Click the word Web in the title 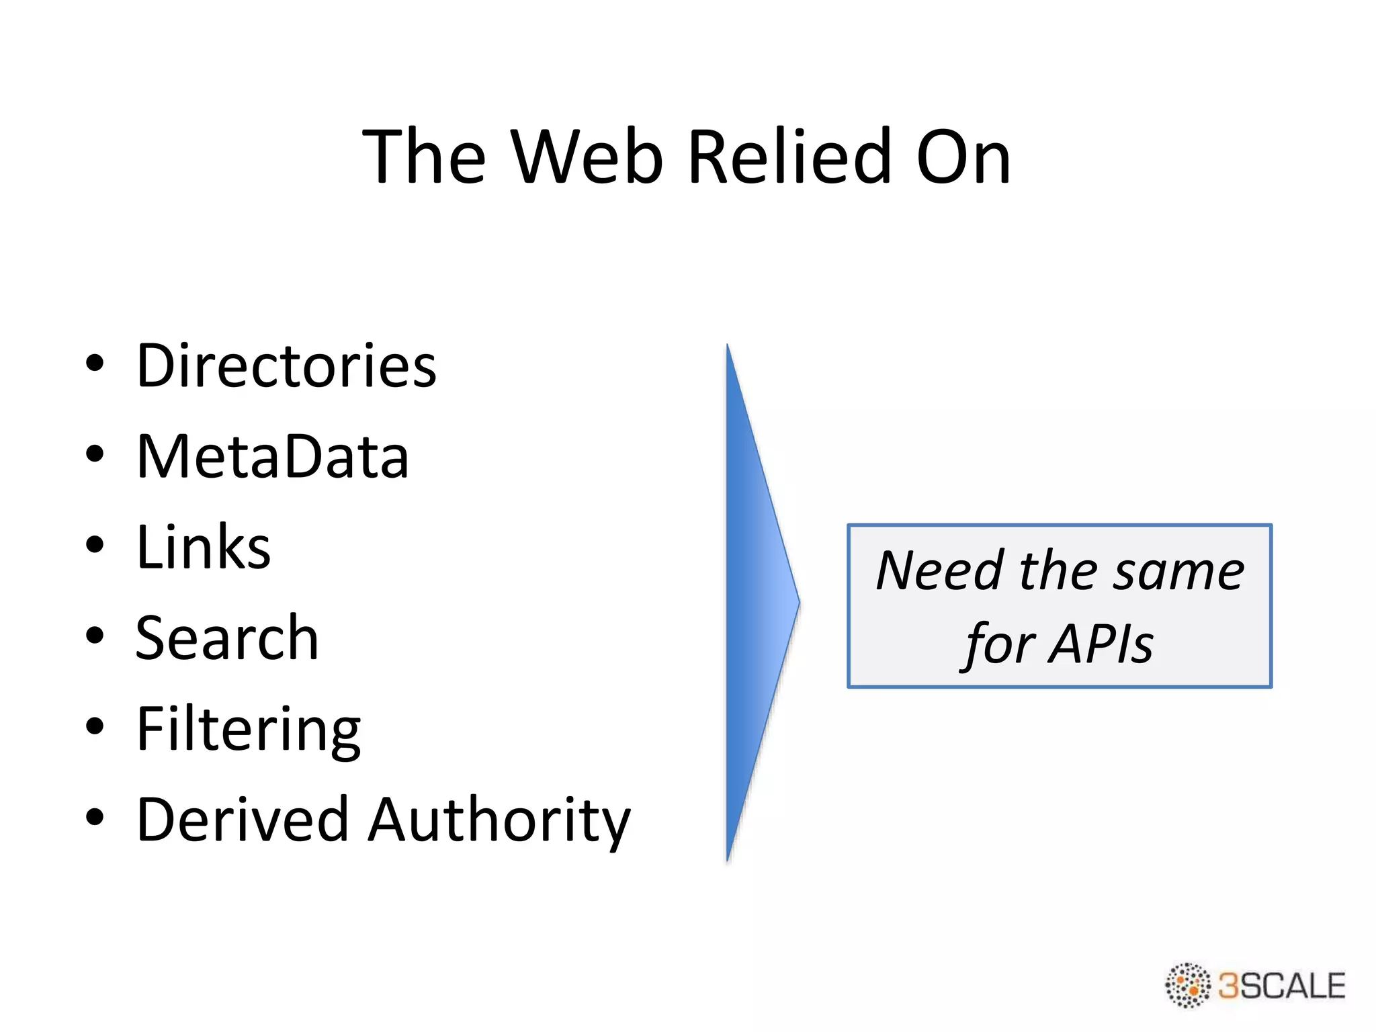click(x=587, y=157)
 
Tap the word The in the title click(x=423, y=157)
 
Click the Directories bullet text click(x=286, y=366)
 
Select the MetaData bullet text click(x=272, y=457)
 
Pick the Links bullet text click(x=203, y=548)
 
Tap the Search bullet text click(x=227, y=638)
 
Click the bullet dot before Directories click(x=95, y=363)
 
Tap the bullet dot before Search click(x=95, y=636)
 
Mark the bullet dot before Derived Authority click(x=95, y=817)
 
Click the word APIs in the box click(x=1102, y=644)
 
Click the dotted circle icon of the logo click(x=1187, y=985)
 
